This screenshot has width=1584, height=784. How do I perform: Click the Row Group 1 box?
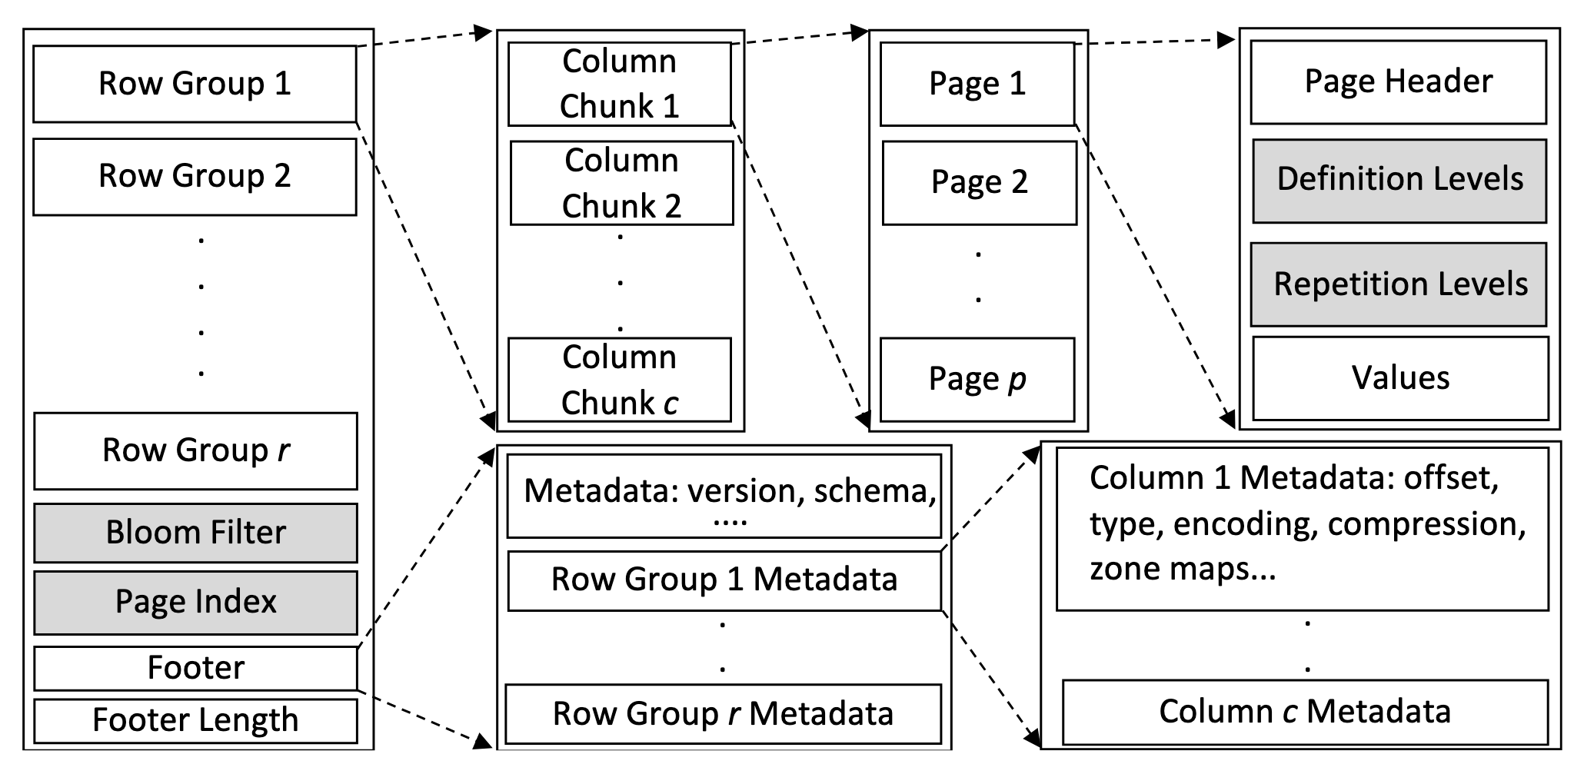click(195, 84)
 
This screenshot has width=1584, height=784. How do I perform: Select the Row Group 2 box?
click(195, 176)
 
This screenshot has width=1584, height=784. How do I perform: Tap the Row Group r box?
click(195, 450)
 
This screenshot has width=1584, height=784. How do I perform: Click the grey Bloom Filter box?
click(195, 533)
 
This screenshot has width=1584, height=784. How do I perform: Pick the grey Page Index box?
click(195, 602)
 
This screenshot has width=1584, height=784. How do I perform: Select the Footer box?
click(195, 668)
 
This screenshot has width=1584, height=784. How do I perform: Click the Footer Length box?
click(195, 720)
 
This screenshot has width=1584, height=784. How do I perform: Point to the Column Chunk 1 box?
click(619, 84)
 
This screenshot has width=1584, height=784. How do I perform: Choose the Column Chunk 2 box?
click(621, 183)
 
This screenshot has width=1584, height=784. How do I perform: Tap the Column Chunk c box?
click(619, 380)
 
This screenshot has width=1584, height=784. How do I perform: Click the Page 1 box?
click(977, 84)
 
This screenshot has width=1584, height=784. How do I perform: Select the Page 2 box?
click(979, 182)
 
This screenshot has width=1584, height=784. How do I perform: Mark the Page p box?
click(977, 379)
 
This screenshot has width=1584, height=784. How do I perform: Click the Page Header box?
click(1398, 81)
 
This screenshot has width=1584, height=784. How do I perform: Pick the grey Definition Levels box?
click(1399, 180)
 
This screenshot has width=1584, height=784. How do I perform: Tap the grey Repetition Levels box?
click(1399, 284)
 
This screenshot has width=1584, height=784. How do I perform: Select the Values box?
click(1400, 378)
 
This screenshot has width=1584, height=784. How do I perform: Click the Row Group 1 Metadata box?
click(724, 580)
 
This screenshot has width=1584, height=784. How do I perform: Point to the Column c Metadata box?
click(1305, 712)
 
